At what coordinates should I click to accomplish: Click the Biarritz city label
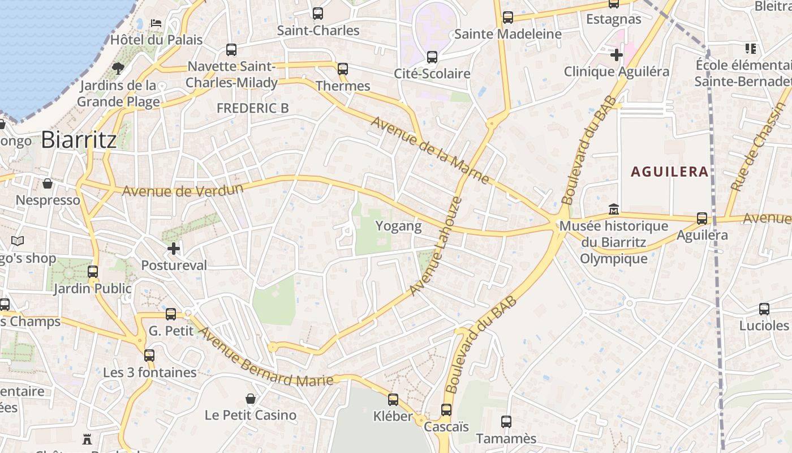pos(79,139)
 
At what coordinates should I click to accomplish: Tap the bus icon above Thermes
pos(342,69)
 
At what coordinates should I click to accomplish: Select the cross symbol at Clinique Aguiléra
pos(617,55)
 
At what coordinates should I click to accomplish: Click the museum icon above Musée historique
pos(614,210)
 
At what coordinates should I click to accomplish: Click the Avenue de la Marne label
pos(430,150)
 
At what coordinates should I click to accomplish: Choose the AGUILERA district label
pos(670,172)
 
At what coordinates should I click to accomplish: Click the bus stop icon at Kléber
pos(393,400)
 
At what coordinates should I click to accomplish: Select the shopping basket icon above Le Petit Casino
pos(251,399)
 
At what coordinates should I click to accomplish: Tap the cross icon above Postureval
pos(174,248)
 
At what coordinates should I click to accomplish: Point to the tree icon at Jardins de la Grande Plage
pos(118,69)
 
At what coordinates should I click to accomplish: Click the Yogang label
pos(399,226)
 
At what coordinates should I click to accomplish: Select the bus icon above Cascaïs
pos(446,409)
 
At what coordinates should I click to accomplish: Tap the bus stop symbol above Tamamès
pos(506,422)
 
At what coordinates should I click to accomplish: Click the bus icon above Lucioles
pos(764,309)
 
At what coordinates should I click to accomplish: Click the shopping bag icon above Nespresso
pos(48,183)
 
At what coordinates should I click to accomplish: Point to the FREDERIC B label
pos(252,108)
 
